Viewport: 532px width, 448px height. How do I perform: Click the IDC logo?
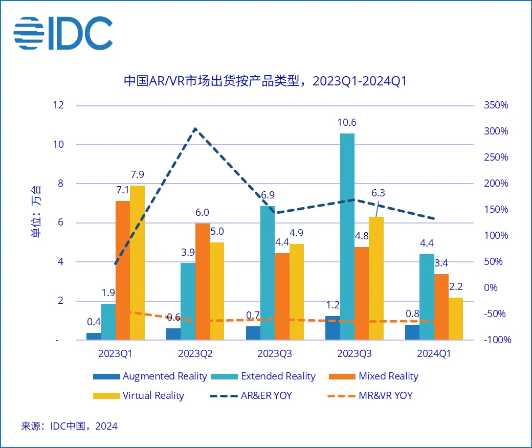tap(63, 33)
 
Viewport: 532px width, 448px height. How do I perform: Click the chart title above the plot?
tap(265, 81)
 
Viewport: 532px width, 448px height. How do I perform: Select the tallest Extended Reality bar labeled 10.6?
tap(347, 235)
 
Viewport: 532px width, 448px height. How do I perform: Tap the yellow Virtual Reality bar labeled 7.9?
tap(137, 262)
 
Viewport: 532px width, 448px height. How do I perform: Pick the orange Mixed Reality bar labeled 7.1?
tap(123, 270)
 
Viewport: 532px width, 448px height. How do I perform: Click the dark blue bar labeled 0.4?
tap(94, 336)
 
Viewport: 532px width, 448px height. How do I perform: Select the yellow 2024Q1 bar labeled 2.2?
tap(455, 318)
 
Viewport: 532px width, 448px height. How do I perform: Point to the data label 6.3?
tap(378, 193)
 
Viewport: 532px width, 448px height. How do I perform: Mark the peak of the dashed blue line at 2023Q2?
tap(195, 128)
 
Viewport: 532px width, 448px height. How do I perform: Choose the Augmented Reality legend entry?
tap(150, 376)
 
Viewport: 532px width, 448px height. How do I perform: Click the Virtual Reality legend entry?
tap(139, 395)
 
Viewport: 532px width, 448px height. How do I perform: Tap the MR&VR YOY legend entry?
tap(374, 395)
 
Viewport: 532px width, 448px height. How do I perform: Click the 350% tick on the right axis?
tap(496, 105)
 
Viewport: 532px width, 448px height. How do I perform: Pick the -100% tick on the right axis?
tap(496, 340)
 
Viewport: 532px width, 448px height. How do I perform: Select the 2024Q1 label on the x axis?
tap(434, 354)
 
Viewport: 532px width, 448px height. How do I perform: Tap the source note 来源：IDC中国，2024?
tap(69, 426)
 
